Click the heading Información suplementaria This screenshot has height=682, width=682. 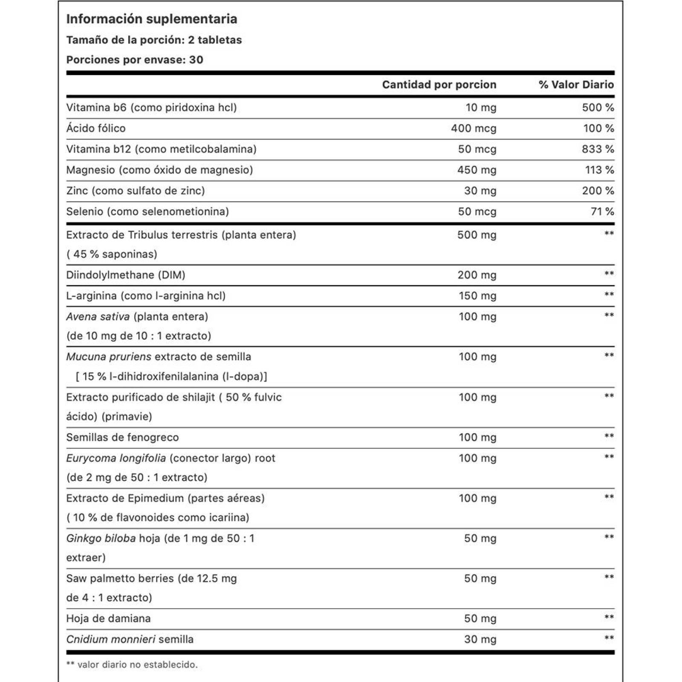[151, 19]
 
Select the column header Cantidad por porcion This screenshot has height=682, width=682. [439, 85]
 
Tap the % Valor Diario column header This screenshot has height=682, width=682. [576, 85]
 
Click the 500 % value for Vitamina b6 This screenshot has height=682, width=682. [598, 107]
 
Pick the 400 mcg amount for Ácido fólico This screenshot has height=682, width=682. [474, 128]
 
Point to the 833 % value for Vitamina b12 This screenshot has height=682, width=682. [598, 149]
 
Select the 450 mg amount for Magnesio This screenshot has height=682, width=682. [477, 170]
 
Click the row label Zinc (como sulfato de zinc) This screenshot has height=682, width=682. [136, 191]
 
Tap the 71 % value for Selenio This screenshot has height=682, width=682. [602, 211]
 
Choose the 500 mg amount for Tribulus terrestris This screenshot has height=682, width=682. [477, 235]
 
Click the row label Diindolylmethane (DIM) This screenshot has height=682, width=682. [126, 275]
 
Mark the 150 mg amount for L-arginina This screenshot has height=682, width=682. [477, 296]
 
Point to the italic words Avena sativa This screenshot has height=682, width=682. [98, 317]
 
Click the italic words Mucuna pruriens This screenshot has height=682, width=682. [108, 357]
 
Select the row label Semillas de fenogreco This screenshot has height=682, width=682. [122, 437]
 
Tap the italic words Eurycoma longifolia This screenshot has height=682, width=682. [116, 458]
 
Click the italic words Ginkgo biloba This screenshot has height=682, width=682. [101, 538]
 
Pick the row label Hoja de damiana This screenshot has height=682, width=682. [108, 618]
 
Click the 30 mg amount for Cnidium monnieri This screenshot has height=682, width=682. [480, 639]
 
